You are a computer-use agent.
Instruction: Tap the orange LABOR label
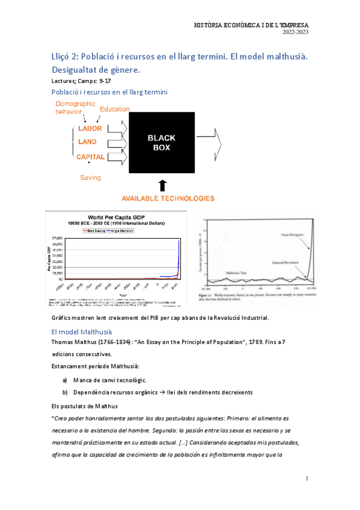click(90, 128)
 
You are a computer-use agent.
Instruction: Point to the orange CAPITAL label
click(90, 156)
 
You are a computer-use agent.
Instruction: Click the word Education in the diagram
click(115, 109)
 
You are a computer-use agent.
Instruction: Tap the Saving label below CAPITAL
click(90, 177)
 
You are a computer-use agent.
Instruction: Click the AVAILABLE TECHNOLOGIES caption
click(168, 198)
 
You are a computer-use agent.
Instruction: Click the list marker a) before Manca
click(64, 380)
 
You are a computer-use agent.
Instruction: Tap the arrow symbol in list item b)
click(169, 392)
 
